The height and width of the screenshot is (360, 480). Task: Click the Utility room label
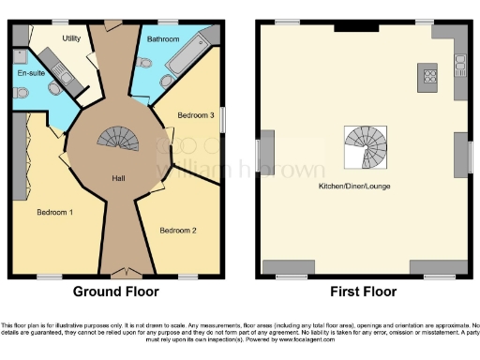[x=71, y=38]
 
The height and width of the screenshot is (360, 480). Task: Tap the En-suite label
[x=29, y=71]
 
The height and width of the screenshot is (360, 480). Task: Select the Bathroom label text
[x=163, y=38]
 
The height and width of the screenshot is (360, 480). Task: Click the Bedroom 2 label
[x=177, y=230]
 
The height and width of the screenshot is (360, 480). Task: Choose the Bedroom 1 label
[x=54, y=212]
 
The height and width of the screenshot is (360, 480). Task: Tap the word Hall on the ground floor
[x=119, y=178]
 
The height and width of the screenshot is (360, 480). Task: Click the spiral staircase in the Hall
[x=118, y=142]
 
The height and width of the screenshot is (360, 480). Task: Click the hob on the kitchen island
[x=430, y=75]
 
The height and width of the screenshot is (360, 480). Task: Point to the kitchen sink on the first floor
[x=459, y=65]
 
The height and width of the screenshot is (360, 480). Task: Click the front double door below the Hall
[x=119, y=274]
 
